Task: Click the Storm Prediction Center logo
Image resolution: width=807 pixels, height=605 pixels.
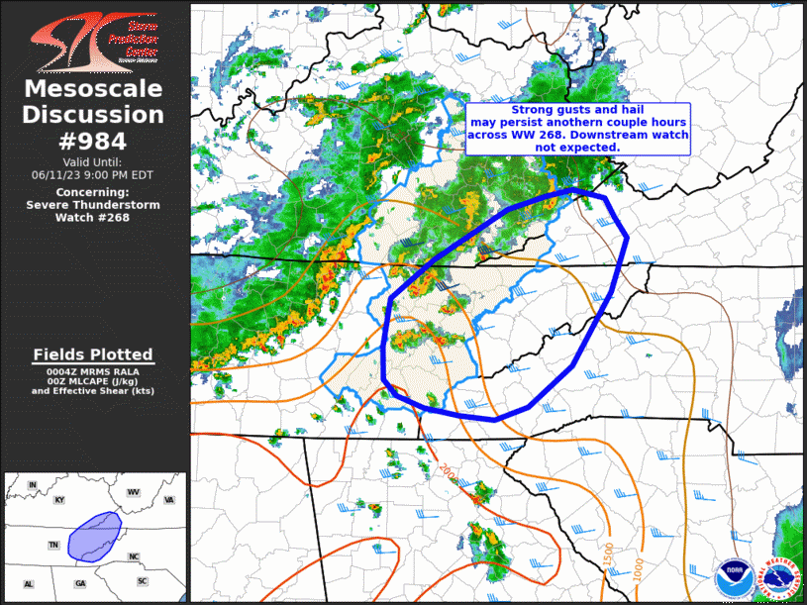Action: tap(95, 41)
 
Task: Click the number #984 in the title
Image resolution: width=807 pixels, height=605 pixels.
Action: tap(95, 141)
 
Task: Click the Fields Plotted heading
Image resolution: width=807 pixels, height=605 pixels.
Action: tap(93, 354)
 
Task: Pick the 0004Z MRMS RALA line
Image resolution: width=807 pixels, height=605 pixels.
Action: tap(93, 370)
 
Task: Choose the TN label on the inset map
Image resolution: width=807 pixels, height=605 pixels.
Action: tap(54, 546)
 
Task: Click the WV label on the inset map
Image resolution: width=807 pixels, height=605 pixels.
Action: tap(133, 492)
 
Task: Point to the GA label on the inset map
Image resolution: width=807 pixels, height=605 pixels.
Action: tap(79, 583)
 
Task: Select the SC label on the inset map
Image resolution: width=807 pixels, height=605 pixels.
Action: tap(143, 579)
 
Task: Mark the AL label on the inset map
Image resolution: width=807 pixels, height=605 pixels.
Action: tap(28, 583)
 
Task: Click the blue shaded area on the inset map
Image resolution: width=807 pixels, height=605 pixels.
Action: tap(94, 535)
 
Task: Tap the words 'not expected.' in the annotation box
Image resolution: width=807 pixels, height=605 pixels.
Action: tap(577, 147)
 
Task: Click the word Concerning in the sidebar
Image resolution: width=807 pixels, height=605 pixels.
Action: tap(93, 191)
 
